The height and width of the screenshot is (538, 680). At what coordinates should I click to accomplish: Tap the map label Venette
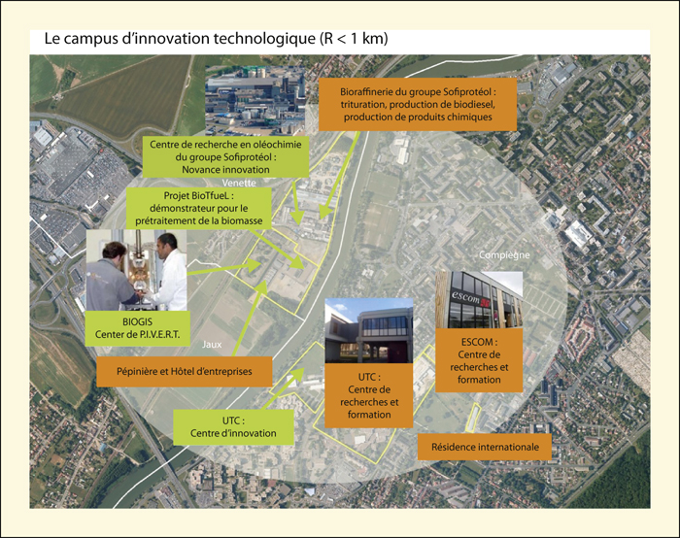[239, 183]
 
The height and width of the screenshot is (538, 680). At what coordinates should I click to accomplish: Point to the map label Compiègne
[504, 254]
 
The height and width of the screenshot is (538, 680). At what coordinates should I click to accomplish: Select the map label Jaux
[212, 345]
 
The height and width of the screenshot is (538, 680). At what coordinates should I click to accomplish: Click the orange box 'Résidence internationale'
[485, 447]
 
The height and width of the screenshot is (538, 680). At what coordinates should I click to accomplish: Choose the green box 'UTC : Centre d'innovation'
[233, 427]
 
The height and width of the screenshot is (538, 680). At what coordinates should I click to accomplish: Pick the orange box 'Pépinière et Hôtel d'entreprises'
[185, 372]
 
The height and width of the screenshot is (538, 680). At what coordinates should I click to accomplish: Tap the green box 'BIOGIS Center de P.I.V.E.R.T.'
[137, 328]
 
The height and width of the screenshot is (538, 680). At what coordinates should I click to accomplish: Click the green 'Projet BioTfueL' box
[199, 209]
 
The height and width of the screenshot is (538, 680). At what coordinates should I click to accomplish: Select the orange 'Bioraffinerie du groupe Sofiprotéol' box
[418, 105]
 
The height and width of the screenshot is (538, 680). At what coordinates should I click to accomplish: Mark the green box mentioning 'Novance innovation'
[225, 157]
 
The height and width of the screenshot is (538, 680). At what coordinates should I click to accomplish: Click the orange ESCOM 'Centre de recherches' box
[479, 360]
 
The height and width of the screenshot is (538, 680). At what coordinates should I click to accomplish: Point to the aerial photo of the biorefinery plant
[255, 101]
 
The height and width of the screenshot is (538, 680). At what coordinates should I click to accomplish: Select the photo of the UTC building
[368, 331]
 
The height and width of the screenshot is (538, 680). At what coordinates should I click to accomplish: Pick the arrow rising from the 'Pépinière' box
[249, 319]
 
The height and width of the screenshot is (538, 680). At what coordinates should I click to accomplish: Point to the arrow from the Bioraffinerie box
[340, 175]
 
